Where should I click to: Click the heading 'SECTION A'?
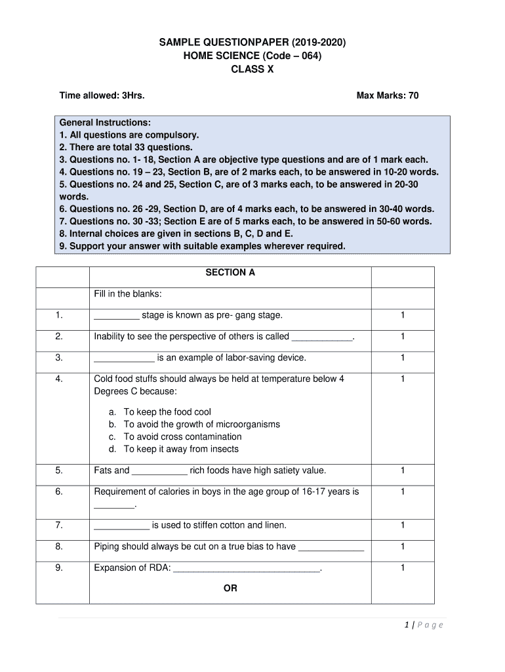click(230, 272)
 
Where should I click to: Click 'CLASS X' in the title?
click(253, 70)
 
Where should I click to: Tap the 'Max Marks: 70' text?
click(388, 96)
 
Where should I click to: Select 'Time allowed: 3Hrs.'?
click(102, 96)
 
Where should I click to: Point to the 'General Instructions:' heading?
click(105, 122)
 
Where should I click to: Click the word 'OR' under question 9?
click(230, 589)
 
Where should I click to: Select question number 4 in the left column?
click(59, 379)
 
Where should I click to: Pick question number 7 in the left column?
click(59, 525)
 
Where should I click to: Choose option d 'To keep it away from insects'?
click(181, 449)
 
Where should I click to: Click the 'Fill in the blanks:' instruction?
click(128, 293)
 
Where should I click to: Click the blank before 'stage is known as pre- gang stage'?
click(116, 316)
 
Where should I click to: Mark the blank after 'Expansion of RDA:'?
click(247, 568)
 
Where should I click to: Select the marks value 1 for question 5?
click(403, 470)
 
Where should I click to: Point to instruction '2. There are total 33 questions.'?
click(126, 147)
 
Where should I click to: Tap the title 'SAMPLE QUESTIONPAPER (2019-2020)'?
click(253, 43)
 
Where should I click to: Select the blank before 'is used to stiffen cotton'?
click(121, 526)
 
